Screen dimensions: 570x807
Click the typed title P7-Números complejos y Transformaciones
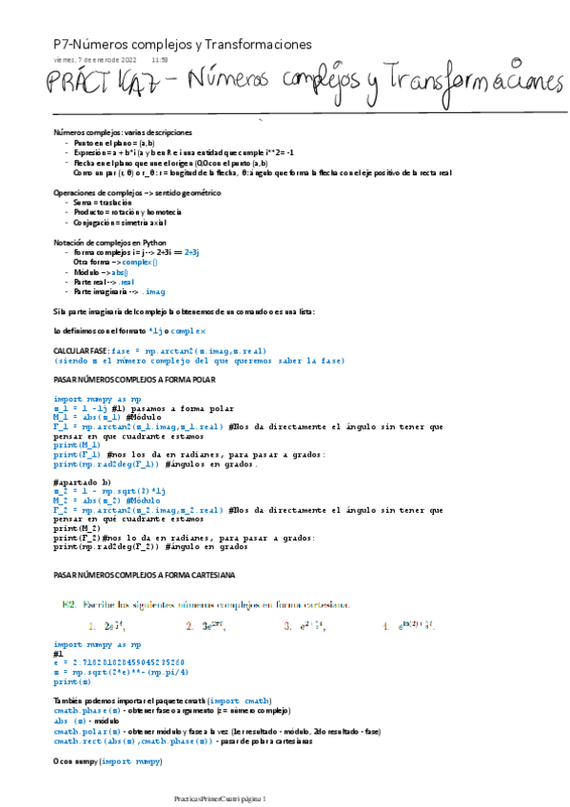coord(182,44)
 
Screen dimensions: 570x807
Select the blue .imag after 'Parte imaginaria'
coord(151,292)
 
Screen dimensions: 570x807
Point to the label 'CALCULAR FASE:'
coord(81,351)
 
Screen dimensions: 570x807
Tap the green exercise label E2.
coord(69,603)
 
